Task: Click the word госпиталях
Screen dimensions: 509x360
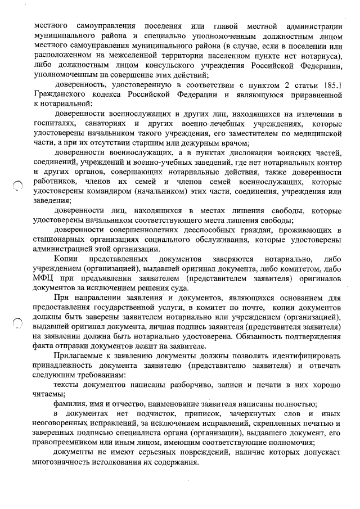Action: [x=55, y=123]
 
